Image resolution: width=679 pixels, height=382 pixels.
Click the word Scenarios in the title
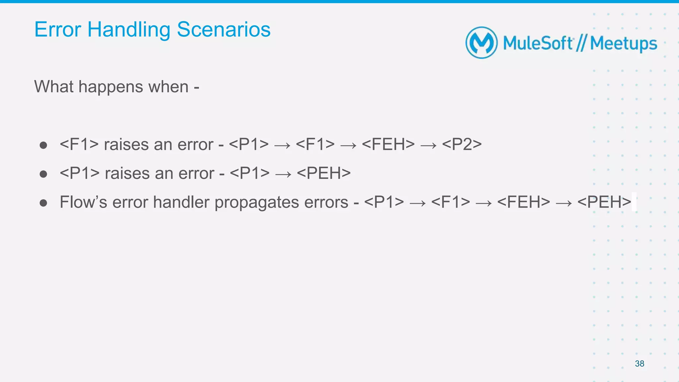(223, 29)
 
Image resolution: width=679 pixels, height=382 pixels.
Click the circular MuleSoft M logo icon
(481, 43)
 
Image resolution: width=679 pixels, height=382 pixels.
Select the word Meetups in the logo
(623, 43)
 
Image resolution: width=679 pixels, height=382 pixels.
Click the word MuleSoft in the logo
(538, 43)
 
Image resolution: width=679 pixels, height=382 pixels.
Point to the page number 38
(639, 363)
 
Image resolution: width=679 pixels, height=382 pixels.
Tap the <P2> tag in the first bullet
(462, 144)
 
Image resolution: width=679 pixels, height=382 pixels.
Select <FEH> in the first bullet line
(388, 144)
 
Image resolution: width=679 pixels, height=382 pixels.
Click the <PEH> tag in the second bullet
(324, 173)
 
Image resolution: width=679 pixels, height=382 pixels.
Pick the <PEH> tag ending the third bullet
(604, 202)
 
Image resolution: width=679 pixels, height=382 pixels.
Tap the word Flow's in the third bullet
(83, 202)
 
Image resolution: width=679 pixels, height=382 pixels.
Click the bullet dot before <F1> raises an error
(43, 145)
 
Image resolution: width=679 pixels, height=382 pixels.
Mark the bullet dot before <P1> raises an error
(43, 174)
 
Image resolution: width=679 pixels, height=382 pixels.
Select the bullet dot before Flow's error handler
(43, 203)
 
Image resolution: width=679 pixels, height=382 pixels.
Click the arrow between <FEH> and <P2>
(428, 145)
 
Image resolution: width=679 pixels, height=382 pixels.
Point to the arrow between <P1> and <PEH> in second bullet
(283, 174)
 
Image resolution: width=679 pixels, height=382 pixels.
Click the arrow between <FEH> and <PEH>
(564, 203)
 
